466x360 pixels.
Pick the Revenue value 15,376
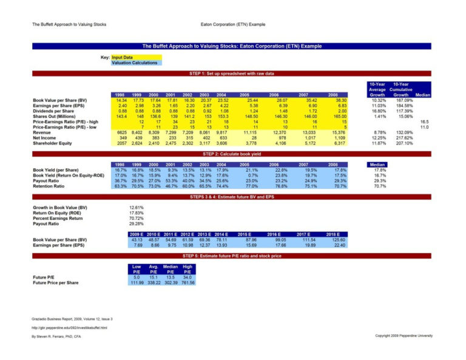tap(340, 132)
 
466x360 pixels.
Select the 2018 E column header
tap(333, 234)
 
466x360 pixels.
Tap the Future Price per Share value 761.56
tap(187, 283)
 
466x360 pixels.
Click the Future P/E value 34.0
tap(187, 277)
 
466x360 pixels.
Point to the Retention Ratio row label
tap(51, 186)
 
